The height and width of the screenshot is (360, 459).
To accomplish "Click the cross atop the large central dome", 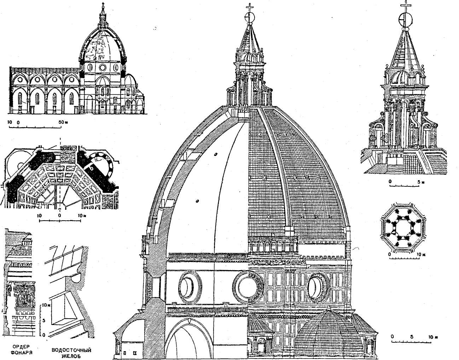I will [x=250, y=8].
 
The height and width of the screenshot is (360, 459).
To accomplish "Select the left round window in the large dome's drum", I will [x=190, y=286].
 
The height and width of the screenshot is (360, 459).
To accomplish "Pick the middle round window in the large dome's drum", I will [x=248, y=287].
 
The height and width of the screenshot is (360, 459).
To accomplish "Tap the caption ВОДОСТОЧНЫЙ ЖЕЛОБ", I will [x=71, y=353].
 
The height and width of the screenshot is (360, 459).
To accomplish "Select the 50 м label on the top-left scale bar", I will [x=63, y=122].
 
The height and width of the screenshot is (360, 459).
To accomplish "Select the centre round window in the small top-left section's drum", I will [x=103, y=67].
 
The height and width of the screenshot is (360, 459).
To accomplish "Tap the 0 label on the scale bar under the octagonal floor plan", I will [x=59, y=215].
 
